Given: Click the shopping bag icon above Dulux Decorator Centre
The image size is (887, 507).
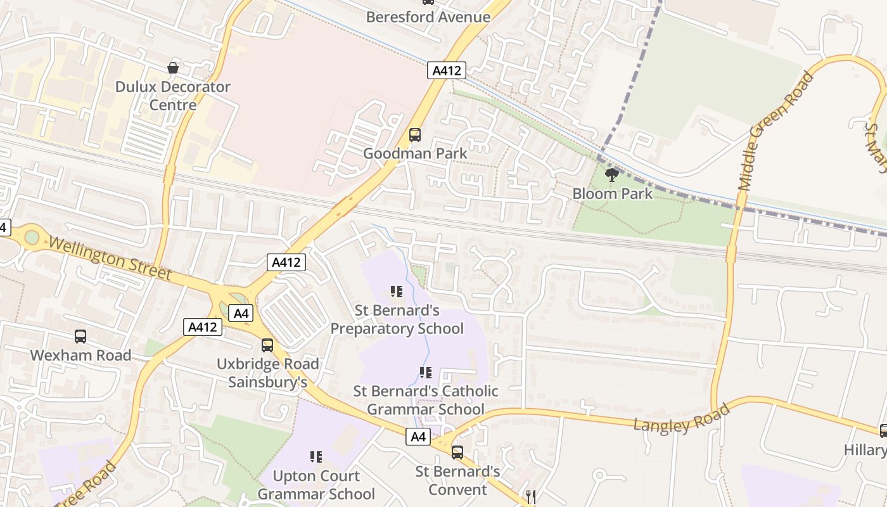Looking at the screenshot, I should (x=172, y=67).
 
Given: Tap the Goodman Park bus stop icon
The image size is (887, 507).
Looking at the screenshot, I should (x=415, y=134).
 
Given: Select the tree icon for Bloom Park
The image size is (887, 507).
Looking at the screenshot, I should (x=612, y=174).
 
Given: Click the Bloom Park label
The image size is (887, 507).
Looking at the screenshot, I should (x=612, y=193).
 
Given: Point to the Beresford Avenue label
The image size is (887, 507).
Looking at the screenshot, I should (x=428, y=17).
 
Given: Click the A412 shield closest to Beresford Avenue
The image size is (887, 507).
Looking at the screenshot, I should (x=446, y=70).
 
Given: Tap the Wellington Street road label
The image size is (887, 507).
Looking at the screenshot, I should (x=110, y=259).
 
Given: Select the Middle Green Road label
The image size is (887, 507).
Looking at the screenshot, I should (x=776, y=131).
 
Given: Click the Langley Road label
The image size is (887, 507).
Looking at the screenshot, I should (x=682, y=418).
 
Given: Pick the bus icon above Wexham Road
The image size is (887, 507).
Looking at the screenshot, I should (x=80, y=336).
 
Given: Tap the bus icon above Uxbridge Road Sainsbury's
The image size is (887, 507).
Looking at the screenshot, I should (x=267, y=345).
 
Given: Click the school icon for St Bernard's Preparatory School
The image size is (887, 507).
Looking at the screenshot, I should (x=397, y=292).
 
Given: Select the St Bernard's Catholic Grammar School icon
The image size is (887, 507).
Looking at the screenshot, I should (x=425, y=373).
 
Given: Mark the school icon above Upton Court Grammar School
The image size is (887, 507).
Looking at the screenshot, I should (x=316, y=456).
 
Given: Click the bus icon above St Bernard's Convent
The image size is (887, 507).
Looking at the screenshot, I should (x=457, y=452).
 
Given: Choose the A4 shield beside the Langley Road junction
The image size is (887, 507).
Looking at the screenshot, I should (x=418, y=437).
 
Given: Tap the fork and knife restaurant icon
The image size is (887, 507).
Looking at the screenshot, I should (x=531, y=497).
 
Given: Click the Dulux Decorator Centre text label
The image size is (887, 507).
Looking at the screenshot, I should (x=172, y=96).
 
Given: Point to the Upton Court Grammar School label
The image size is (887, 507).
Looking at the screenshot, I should (x=316, y=485).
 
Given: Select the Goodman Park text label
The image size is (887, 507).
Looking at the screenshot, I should (x=415, y=153).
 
